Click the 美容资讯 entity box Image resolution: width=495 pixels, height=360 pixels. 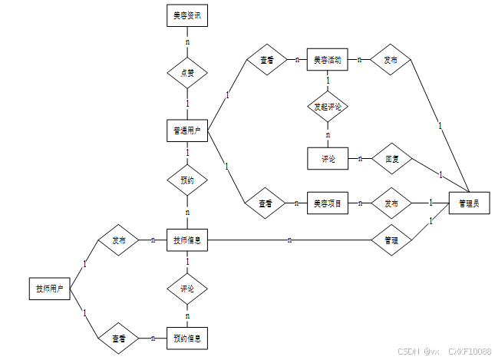187,16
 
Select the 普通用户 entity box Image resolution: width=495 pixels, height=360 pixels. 187,131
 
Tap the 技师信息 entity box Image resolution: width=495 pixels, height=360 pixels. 187,240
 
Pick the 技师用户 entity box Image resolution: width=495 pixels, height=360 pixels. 48,289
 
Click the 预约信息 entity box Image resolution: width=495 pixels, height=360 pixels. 187,338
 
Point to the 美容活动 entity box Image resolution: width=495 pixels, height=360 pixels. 328,59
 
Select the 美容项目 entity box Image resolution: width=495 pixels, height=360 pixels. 328,203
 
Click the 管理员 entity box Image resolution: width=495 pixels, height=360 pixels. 469,203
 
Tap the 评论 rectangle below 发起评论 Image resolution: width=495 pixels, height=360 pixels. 328,159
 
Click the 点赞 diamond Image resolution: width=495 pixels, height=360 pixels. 187,74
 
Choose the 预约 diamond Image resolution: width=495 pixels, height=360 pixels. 187,182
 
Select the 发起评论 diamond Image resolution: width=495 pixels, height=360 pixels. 328,107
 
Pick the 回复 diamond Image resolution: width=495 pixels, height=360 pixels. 391,159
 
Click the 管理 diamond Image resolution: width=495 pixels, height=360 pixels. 391,240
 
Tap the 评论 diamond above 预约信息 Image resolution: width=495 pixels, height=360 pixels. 187,289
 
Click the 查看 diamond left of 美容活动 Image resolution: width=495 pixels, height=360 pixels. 266,59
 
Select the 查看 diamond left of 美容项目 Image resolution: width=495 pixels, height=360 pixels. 266,203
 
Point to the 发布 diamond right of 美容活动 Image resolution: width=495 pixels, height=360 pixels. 391,59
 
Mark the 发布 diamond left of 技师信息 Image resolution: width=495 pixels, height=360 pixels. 118,240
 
